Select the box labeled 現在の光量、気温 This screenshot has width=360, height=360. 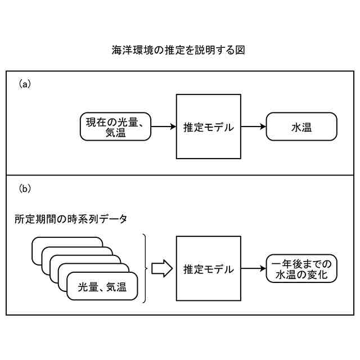(x=115, y=127)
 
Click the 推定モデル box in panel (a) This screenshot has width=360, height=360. (x=208, y=127)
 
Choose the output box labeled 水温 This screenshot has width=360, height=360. (x=301, y=127)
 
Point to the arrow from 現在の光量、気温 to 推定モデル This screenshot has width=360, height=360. (x=164, y=127)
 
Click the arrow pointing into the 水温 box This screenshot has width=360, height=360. (x=253, y=127)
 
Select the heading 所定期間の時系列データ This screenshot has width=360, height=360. (x=71, y=219)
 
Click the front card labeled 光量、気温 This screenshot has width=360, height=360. (x=102, y=289)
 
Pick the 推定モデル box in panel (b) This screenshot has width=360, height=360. (x=208, y=269)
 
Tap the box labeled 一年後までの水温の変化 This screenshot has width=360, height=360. (x=301, y=269)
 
